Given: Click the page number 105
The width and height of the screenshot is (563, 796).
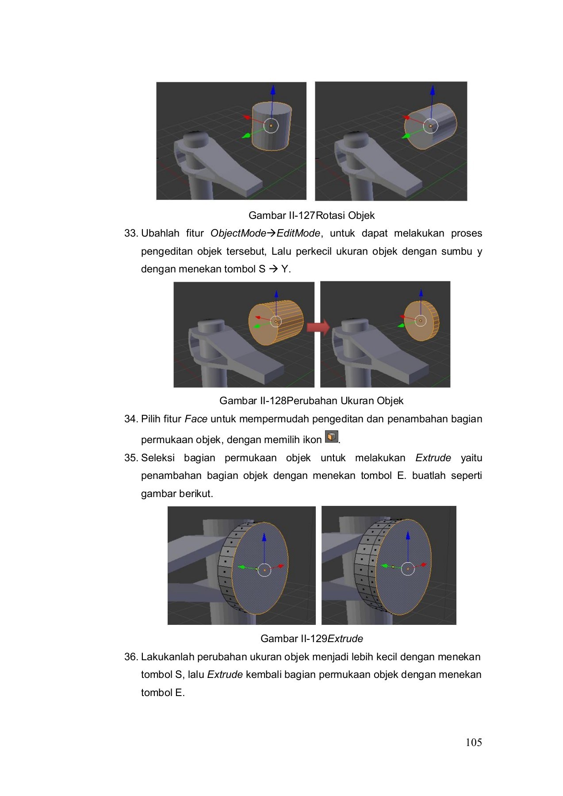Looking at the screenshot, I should tap(473, 742).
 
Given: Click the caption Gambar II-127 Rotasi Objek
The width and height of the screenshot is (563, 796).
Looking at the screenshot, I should tap(311, 215).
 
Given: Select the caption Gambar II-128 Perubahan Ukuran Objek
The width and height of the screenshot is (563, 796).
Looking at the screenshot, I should tap(311, 401).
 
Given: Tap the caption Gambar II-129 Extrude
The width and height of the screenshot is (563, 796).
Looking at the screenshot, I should tap(311, 639).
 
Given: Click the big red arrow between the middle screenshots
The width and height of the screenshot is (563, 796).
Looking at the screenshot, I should tap(318, 328).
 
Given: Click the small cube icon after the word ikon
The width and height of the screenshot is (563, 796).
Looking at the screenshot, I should tap(331, 436).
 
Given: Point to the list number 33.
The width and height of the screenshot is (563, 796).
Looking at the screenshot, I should tap(131, 233).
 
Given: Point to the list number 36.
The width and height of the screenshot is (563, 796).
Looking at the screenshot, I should tap(131, 657).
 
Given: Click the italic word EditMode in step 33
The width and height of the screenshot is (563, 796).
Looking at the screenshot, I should tap(298, 233).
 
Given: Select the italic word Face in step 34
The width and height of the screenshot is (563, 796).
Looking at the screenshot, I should tap(196, 419).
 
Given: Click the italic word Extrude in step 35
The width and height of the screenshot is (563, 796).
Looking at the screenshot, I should tap(433, 458).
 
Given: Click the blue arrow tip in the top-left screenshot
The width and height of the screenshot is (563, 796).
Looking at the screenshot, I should tap(273, 90).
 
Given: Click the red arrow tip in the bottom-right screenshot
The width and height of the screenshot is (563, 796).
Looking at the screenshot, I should tap(424, 564).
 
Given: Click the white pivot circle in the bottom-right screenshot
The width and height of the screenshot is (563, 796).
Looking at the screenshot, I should tap(407, 569).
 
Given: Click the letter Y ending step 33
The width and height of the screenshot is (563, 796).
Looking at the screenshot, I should tap(285, 269).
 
